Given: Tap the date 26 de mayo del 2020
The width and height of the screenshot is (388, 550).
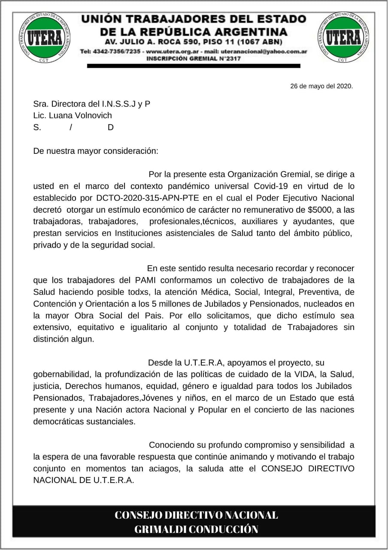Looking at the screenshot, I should [x=321, y=86].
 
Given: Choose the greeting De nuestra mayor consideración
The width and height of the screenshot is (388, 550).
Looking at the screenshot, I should [x=96, y=151].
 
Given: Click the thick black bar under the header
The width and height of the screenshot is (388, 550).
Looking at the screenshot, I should [x=193, y=66].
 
